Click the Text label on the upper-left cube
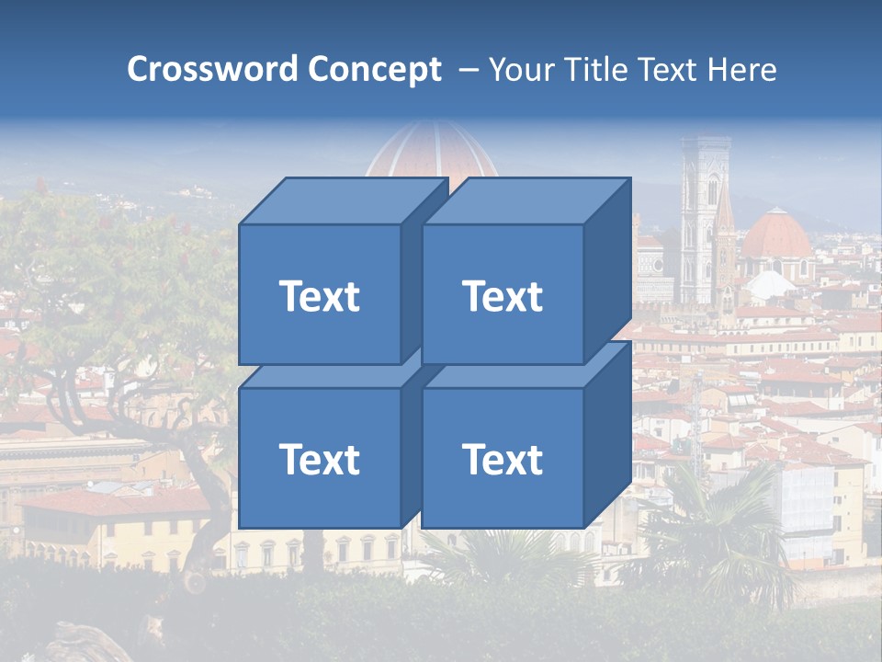coord(319,296)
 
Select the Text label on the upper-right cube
coord(502,296)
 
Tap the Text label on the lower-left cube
coord(319,459)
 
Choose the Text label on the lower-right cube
coord(502,459)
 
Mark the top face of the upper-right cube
coord(526,200)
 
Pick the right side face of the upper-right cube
coord(607,271)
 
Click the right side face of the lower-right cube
coord(607,434)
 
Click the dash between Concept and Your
coord(468,70)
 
